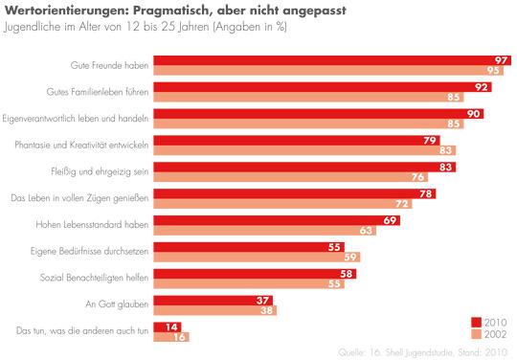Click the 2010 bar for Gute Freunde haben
point(326,59)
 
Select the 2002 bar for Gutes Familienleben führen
point(306,97)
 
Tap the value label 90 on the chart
point(473,113)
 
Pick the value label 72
point(402,204)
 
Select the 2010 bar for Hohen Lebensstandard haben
point(268,219)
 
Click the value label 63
point(367,231)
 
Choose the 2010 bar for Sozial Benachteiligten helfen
point(249,273)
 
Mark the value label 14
point(172,326)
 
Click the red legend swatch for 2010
point(477,322)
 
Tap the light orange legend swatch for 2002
point(477,335)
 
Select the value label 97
point(501,59)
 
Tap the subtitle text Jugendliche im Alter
point(57,26)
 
